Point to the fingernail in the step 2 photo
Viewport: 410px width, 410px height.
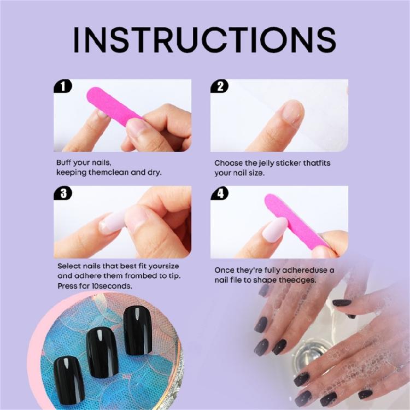coord(293,112)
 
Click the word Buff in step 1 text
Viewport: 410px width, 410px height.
coord(65,163)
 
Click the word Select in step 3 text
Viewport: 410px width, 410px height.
coord(68,266)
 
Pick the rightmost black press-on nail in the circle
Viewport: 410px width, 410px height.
coord(136,330)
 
